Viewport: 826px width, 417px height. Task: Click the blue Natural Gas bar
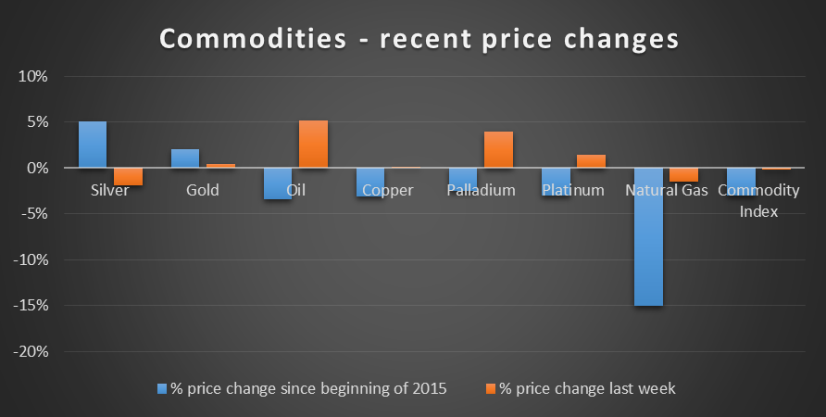648,236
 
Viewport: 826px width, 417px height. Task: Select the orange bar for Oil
313,144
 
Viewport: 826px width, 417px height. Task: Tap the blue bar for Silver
93,145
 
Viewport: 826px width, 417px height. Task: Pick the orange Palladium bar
498,150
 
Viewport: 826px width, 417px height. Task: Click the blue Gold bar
185,158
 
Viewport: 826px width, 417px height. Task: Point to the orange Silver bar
128,177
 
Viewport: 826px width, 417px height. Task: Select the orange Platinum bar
591,161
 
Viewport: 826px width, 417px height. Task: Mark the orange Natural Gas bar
683,174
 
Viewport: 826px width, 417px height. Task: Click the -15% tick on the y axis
31,306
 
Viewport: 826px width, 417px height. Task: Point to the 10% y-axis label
33,76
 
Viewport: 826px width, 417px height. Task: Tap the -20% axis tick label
31,351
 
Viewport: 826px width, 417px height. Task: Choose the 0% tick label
37,168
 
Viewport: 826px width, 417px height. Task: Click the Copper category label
388,190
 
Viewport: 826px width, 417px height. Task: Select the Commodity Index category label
758,200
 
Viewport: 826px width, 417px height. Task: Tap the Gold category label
202,190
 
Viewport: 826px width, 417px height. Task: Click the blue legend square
162,389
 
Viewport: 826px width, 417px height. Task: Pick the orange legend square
491,389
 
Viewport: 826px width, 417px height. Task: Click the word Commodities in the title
253,39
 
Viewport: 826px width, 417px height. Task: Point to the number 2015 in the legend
428,388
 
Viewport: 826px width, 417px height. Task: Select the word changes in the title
621,40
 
